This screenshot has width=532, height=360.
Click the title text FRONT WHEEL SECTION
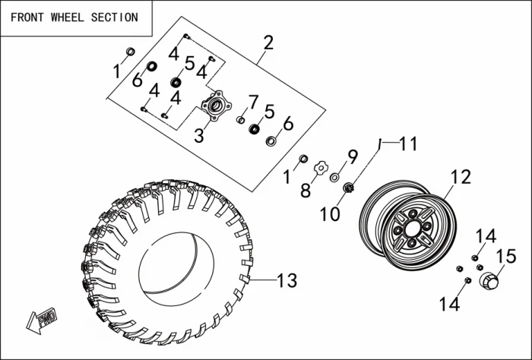[x=74, y=17]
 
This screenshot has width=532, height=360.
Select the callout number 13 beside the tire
[x=286, y=281]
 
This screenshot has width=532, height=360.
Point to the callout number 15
[x=506, y=256]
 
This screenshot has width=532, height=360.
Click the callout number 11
[x=409, y=144]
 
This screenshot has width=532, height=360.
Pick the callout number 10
[x=330, y=213]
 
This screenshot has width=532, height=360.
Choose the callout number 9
[x=352, y=157]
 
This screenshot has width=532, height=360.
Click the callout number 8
[x=305, y=190]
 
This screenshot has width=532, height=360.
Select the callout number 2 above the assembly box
[x=268, y=42]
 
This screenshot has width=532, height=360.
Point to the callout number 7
[x=254, y=101]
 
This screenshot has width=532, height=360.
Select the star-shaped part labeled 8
[x=321, y=166]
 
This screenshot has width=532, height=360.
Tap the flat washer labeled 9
[x=334, y=178]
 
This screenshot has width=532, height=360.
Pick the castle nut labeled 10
[x=350, y=187]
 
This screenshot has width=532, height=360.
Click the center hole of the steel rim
[x=411, y=228]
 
